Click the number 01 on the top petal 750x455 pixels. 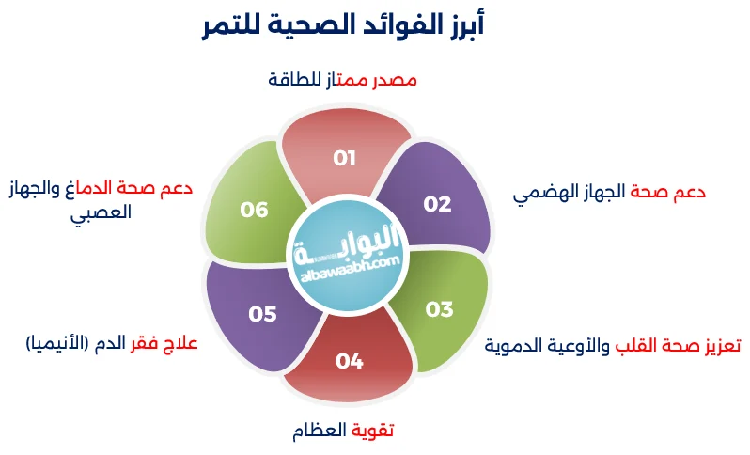pyautogui.click(x=345, y=157)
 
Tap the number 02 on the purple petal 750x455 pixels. pyautogui.click(x=437, y=204)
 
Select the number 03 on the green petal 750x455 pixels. pyautogui.click(x=439, y=309)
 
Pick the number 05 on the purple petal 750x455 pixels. pyautogui.click(x=262, y=314)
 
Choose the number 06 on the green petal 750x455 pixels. pyautogui.click(x=254, y=209)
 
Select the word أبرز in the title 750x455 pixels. pyautogui.click(x=461, y=25)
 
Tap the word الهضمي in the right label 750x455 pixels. pyautogui.click(x=546, y=193)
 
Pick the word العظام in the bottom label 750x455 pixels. pyautogui.click(x=320, y=431)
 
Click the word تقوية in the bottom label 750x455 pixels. pyautogui.click(x=373, y=431)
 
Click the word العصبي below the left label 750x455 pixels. pyautogui.click(x=102, y=212)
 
